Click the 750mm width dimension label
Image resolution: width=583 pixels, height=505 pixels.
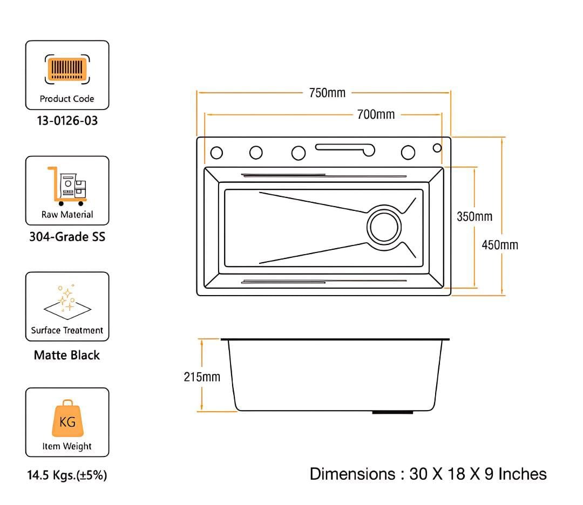(327, 93)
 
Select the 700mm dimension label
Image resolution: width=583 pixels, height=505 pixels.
(376, 114)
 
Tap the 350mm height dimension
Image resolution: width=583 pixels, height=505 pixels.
(474, 216)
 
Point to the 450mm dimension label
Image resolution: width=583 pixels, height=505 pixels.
(500, 245)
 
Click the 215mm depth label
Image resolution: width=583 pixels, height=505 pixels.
(202, 377)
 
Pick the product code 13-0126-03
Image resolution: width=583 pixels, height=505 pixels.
(67, 121)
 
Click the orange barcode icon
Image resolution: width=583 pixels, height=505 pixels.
(67, 69)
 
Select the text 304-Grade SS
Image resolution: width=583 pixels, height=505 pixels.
(67, 236)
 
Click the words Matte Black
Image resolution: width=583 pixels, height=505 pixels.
(67, 355)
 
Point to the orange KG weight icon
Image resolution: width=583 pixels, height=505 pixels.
(67, 419)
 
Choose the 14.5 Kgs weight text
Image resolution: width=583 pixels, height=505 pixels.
(67, 476)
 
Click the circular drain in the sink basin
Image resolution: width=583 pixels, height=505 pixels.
(384, 227)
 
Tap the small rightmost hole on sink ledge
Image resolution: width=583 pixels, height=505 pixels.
(437, 148)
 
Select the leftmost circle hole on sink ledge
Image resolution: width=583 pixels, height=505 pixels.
(216, 153)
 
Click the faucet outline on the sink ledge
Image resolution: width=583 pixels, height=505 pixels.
(345, 147)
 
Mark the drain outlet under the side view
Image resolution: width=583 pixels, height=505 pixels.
(392, 413)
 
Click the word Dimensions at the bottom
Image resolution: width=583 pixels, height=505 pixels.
(352, 474)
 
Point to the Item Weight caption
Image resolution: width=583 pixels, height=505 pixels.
(67, 446)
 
